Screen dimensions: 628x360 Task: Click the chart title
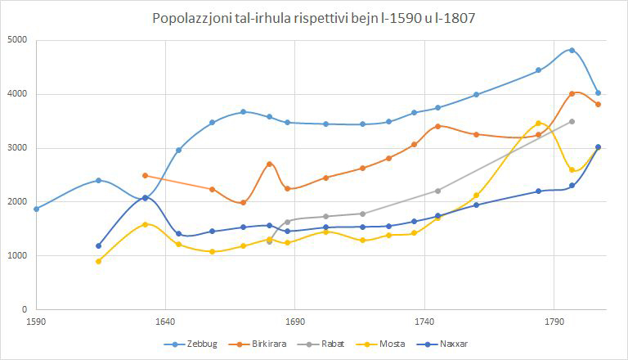point(314,18)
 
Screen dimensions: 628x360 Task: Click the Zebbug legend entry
point(191,344)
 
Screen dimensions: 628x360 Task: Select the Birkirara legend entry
point(258,344)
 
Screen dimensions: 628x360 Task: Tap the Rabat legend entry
point(321,344)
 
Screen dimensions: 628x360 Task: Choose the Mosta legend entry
point(380,344)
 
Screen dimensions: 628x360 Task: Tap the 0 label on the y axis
point(25,309)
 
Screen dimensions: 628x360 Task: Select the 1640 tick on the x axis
point(165,322)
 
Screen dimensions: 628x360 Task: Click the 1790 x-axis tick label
point(554,322)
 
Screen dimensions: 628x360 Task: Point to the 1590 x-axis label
point(36,322)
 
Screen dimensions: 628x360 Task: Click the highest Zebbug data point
point(572,50)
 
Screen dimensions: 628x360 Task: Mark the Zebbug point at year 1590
point(37,209)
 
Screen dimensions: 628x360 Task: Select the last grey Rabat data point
point(572,121)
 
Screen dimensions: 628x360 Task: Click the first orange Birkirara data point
point(145,176)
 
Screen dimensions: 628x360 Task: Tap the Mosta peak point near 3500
point(538,124)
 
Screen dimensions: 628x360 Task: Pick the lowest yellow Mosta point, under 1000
point(98,261)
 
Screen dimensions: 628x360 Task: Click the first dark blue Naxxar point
point(98,245)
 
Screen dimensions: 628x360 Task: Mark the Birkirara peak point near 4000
point(572,94)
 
